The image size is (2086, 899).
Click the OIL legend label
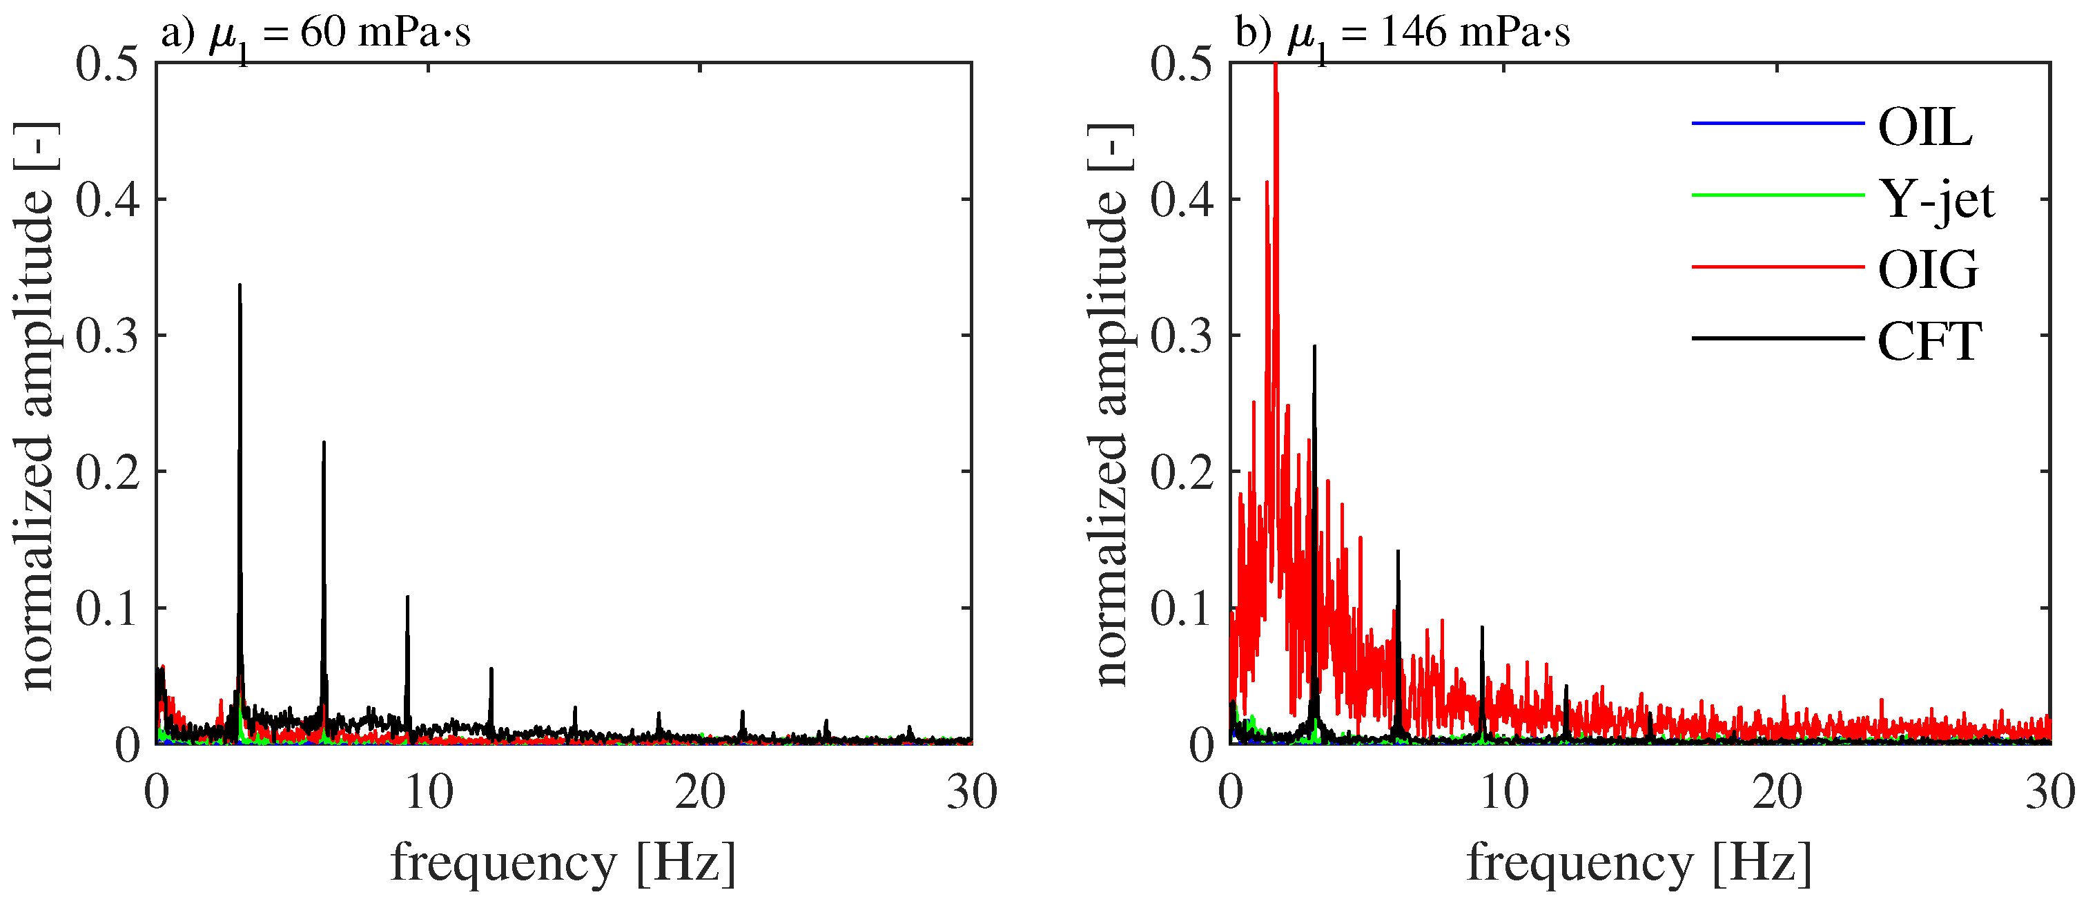(x=1925, y=127)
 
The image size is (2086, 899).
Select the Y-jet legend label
(x=1936, y=200)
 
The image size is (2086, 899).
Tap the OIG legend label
(x=1928, y=270)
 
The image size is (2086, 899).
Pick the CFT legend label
(x=1930, y=341)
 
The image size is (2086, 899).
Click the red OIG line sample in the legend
(x=1777, y=267)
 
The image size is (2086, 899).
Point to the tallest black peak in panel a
(x=240, y=286)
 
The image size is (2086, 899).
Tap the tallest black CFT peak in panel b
(x=1314, y=347)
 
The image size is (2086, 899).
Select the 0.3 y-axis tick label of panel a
(x=108, y=336)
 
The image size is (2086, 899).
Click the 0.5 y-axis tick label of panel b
(x=1182, y=64)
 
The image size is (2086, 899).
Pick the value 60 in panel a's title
(x=324, y=33)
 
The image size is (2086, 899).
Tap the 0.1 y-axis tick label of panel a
(x=108, y=609)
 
